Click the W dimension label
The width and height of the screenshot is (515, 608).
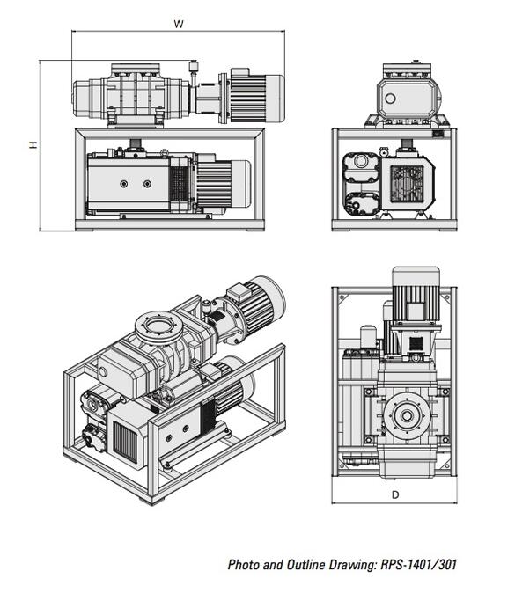pos(179,24)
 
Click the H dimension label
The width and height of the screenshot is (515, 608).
pos(34,144)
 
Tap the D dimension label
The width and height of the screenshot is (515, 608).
pos(395,494)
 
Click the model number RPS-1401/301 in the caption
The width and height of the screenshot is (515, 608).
pos(418,565)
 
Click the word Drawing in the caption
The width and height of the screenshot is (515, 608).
pos(352,565)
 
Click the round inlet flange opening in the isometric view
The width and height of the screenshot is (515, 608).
pos(158,325)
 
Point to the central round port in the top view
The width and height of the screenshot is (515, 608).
pos(407,416)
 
